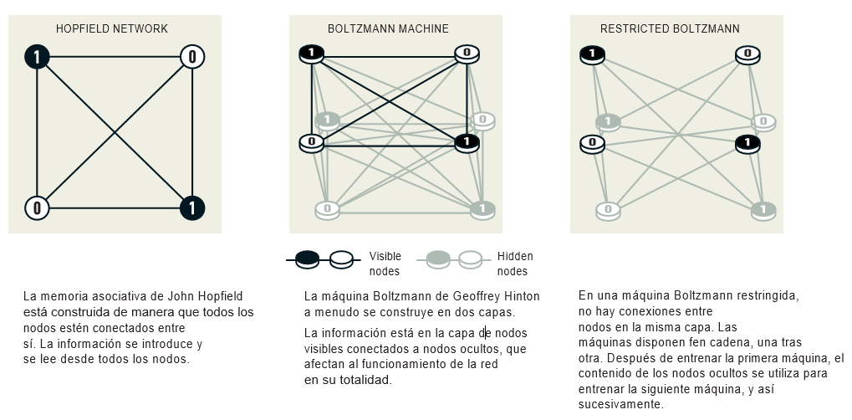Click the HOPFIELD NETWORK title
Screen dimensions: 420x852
click(x=112, y=28)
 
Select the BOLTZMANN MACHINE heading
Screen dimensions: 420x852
click(x=388, y=28)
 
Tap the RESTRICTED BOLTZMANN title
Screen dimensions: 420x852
click(x=670, y=28)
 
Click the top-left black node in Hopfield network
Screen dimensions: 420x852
click(x=38, y=57)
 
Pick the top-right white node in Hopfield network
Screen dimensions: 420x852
click(x=192, y=57)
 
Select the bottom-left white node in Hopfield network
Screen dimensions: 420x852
click(x=38, y=207)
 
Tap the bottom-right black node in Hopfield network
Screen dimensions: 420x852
click(x=192, y=207)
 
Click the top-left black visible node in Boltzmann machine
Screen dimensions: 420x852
click(x=311, y=54)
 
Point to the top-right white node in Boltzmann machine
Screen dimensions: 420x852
click(x=467, y=54)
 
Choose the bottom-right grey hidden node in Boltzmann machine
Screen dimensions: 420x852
click(x=482, y=208)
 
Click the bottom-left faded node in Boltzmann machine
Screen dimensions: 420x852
click(x=327, y=208)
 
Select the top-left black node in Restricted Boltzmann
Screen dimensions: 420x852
click(x=592, y=54)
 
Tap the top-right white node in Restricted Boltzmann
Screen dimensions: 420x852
click(x=747, y=54)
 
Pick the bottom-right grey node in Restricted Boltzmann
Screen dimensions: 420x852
click(x=763, y=208)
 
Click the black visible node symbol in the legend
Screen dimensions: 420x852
click(x=309, y=259)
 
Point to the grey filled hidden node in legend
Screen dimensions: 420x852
click(x=439, y=259)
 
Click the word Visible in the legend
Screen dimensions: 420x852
click(x=385, y=256)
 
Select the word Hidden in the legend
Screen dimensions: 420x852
click(x=515, y=256)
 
